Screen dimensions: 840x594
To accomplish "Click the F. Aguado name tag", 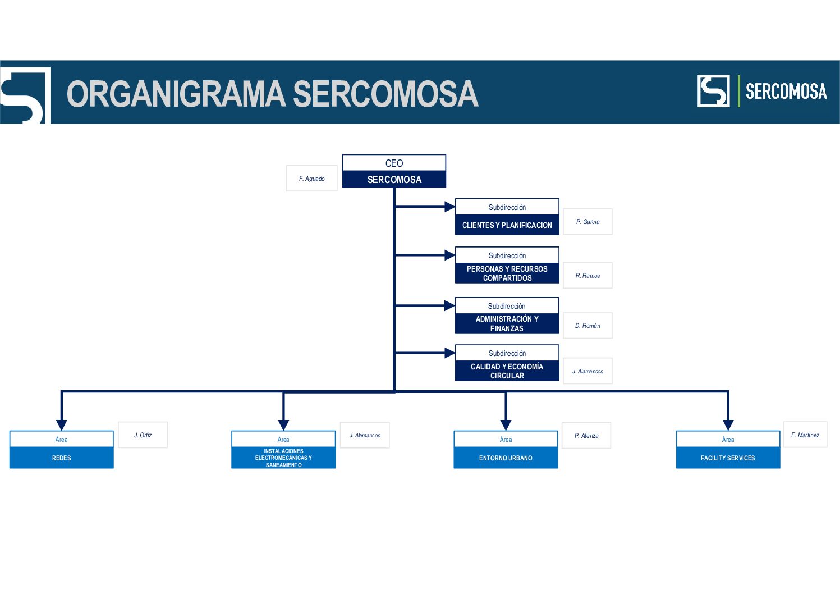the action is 311,178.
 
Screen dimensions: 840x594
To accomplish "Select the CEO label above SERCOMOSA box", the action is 394,163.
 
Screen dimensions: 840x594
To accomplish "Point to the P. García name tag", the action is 587,222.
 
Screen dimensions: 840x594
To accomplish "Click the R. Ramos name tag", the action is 587,276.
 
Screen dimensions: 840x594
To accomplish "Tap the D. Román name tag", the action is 587,326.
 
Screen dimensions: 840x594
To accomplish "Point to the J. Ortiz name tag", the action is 143,435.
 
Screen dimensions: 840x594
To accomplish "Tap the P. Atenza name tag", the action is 586,436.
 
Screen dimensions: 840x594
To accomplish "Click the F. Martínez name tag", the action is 805,435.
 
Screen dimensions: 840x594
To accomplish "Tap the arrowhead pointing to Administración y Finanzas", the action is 449,305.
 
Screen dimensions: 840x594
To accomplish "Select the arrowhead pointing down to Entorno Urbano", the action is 506,425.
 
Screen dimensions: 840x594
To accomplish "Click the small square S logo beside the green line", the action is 714,91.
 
